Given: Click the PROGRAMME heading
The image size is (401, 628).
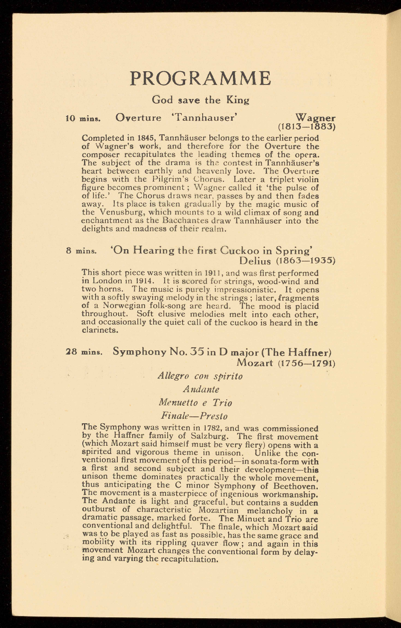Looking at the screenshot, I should (200, 78).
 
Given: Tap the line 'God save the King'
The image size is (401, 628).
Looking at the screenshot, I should (200, 100).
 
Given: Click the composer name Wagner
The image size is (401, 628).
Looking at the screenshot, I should (315, 117).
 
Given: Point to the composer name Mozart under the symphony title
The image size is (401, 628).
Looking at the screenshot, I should (255, 363).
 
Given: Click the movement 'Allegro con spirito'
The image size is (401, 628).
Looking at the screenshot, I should (200, 376).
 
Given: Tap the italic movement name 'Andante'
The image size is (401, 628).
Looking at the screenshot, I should (201, 390).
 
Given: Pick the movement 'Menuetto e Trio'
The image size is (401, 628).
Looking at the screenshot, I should (195, 402).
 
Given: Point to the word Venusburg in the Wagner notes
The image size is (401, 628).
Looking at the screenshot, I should (117, 212).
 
